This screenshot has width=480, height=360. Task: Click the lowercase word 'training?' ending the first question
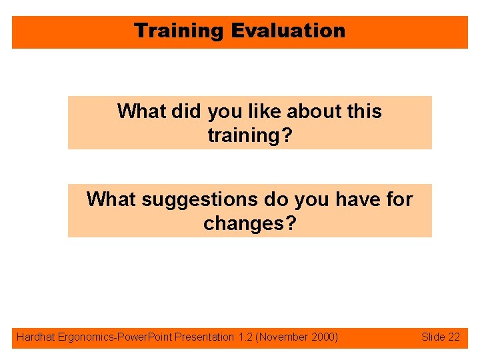250,135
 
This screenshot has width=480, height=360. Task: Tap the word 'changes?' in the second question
250,223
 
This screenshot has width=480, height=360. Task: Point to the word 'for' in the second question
398,199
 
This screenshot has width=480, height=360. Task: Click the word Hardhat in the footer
35,337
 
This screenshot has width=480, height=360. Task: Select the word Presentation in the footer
203,337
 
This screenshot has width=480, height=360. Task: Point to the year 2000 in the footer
323,337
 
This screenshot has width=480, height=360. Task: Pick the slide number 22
453,337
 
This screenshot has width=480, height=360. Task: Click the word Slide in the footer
433,337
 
